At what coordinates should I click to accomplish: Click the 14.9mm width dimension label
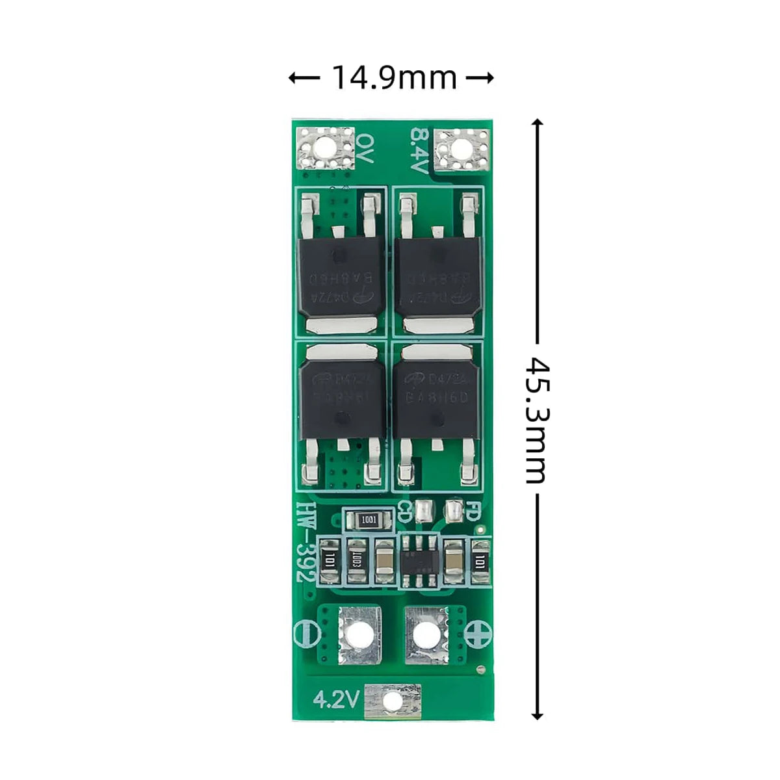click(394, 78)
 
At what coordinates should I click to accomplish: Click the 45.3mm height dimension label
click(537, 419)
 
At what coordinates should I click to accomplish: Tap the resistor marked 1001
click(369, 520)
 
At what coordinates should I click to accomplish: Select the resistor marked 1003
click(355, 560)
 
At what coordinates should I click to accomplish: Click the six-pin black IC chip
click(417, 560)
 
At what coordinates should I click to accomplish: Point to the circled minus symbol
click(304, 632)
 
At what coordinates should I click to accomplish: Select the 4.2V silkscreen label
click(336, 699)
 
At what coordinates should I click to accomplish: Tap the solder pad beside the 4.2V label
click(392, 700)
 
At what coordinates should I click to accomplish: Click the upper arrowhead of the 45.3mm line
click(537, 123)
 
